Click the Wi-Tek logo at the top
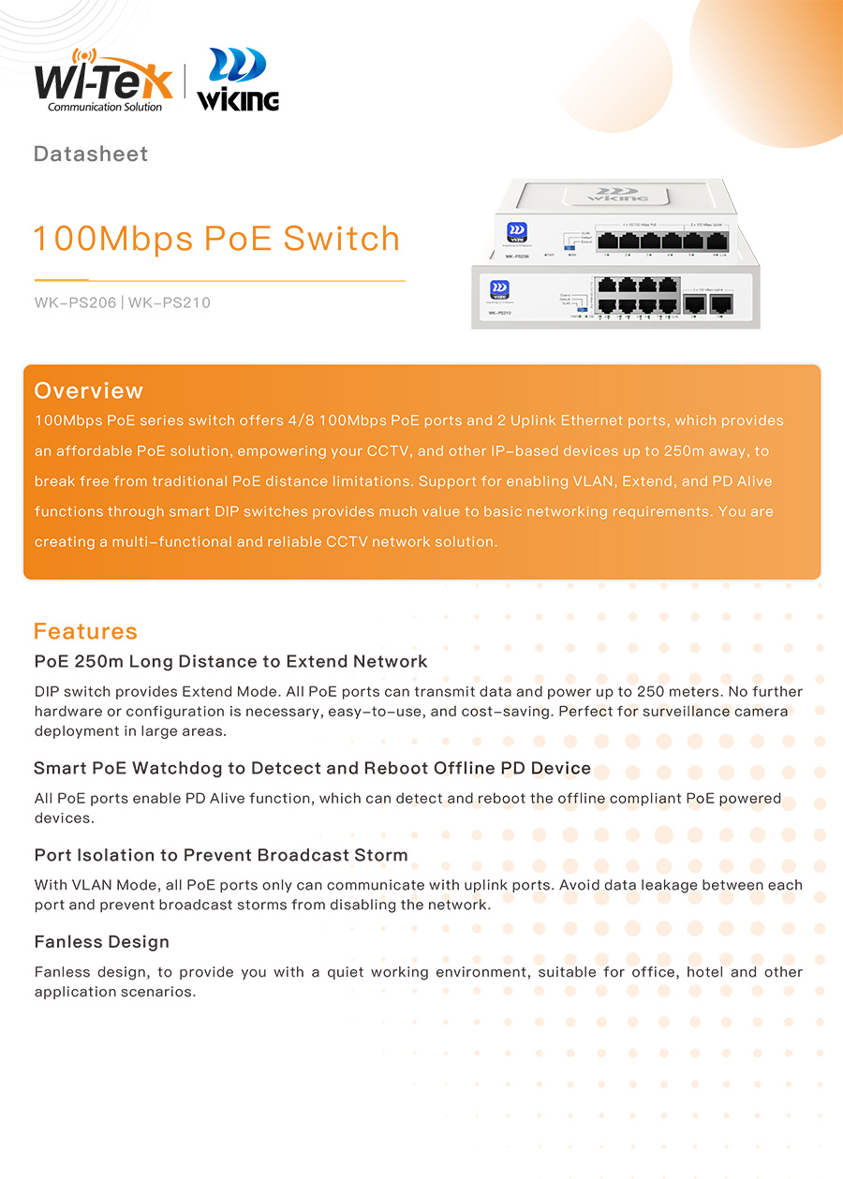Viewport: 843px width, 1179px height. (103, 81)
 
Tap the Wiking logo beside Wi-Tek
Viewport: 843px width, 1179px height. (238, 81)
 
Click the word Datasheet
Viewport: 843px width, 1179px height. (91, 155)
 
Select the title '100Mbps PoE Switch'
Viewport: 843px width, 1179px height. (216, 239)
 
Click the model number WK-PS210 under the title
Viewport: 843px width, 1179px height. (170, 302)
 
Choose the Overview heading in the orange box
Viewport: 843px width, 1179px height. (89, 391)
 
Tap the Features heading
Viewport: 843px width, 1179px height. (85, 631)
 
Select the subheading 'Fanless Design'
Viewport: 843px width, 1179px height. (102, 942)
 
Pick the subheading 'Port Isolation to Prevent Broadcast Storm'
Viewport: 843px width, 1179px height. (221, 855)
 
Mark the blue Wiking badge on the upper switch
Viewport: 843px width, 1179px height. (515, 232)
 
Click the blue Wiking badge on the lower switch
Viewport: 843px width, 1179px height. (498, 288)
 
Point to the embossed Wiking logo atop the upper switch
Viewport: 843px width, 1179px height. (617, 194)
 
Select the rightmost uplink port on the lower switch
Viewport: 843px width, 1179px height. (720, 303)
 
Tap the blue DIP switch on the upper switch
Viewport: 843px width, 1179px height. (569, 247)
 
